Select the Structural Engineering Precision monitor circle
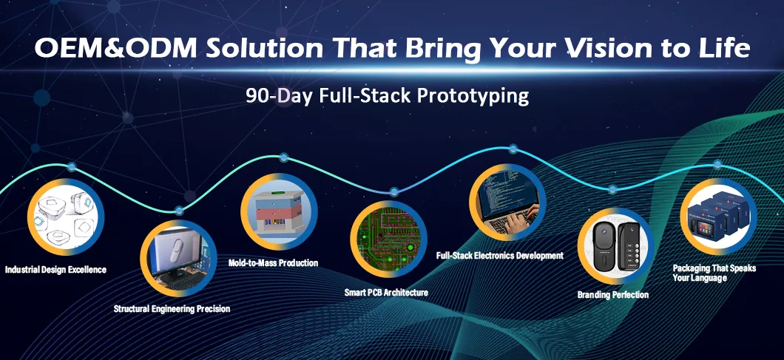tap(178, 258)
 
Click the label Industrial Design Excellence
tap(55, 270)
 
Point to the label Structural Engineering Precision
tap(172, 308)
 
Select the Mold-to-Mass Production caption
tap(273, 263)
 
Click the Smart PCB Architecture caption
tap(386, 293)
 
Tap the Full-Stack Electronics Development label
tap(500, 256)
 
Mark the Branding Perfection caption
tap(613, 295)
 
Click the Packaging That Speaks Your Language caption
tap(714, 274)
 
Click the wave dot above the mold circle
tap(283, 157)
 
